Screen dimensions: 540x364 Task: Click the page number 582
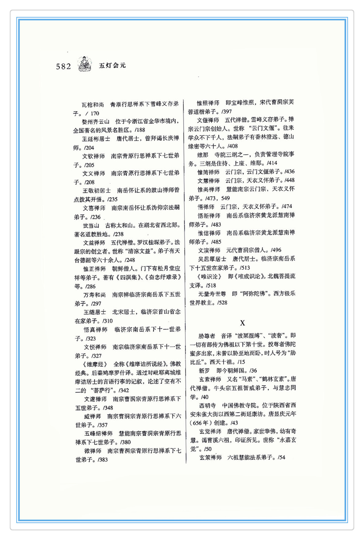pyautogui.click(x=63, y=66)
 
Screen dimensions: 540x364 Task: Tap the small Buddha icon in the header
pyautogui.click(x=85, y=64)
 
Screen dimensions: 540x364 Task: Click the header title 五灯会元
pyautogui.click(x=112, y=65)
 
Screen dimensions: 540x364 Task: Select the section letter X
pyautogui.click(x=242, y=323)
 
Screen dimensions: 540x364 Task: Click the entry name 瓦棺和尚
pyautogui.click(x=93, y=105)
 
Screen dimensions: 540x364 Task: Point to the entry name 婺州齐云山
pyautogui.click(x=96, y=122)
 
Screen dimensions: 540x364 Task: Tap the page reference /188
pyautogui.click(x=140, y=130)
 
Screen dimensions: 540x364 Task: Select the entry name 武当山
pyautogui.click(x=91, y=226)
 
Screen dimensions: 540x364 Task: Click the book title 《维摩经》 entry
pyautogui.click(x=95, y=364)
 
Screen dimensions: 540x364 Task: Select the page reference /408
pyautogui.click(x=233, y=146)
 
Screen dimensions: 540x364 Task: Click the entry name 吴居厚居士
pyautogui.click(x=212, y=259)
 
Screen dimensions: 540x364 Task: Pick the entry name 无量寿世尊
pyautogui.click(x=212, y=294)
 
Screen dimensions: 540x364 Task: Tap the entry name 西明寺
pyautogui.click(x=207, y=405)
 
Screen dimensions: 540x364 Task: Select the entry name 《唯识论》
pyautogui.click(x=210, y=277)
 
